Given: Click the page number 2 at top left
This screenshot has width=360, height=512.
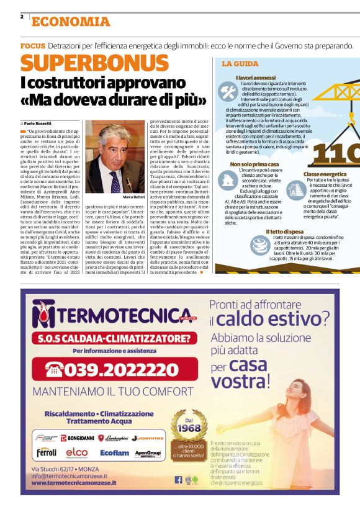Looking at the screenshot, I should tap(22, 17).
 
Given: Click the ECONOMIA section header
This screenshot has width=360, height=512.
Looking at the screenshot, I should tap(71, 22).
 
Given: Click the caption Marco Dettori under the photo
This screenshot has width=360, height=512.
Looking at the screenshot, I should tap(133, 197).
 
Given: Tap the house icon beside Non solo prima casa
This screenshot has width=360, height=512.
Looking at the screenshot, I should tap(228, 182).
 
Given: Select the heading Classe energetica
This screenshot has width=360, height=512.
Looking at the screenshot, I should tap(325, 174).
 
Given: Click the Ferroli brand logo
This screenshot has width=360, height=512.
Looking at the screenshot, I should tap(47, 452).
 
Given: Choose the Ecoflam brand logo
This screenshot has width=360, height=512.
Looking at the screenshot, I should tap(115, 453).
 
